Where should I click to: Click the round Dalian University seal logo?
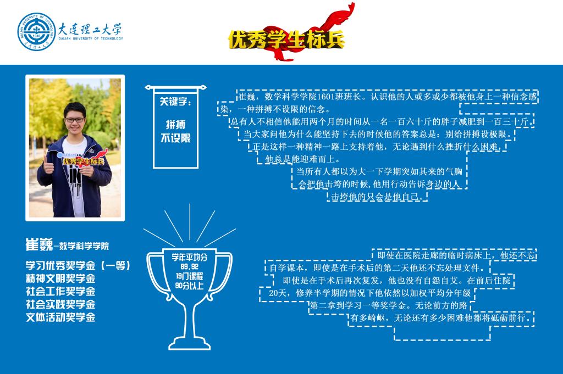point(36,32)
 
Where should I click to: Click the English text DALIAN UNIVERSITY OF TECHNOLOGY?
point(91,39)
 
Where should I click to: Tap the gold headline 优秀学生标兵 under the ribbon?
point(286,40)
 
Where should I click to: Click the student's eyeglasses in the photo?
point(75,120)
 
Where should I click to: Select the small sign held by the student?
point(82,159)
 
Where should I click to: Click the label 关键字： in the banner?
point(175,102)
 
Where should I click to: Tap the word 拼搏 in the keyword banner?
point(175,125)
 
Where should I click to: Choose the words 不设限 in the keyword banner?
point(175,138)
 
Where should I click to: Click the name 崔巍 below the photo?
point(39,244)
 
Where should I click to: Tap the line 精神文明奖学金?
point(60,278)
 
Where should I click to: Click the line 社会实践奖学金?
point(60,304)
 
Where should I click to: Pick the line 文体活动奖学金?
point(60,317)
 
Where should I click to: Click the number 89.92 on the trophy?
point(189,267)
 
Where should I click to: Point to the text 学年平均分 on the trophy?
point(189,258)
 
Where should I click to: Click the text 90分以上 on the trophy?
point(189,286)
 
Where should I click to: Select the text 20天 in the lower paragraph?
point(278,293)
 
